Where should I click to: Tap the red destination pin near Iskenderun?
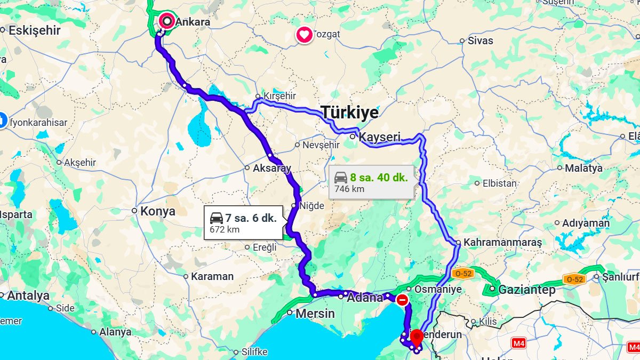point(417,337)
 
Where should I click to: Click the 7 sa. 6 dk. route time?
point(251,218)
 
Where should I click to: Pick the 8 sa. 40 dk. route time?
point(379,178)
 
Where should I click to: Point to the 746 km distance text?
point(349,189)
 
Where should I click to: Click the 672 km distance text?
point(225,230)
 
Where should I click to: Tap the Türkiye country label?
point(349,113)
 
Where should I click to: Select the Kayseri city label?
point(380,137)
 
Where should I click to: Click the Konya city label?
point(157,211)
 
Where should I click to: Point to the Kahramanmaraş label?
point(502,243)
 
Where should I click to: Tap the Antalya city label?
point(28,295)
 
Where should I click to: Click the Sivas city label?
point(480,41)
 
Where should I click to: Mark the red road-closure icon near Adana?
point(402,300)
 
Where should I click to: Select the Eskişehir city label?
point(34,30)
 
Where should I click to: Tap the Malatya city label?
point(583,168)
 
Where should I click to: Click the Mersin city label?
point(315,313)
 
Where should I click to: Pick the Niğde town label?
point(312,206)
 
